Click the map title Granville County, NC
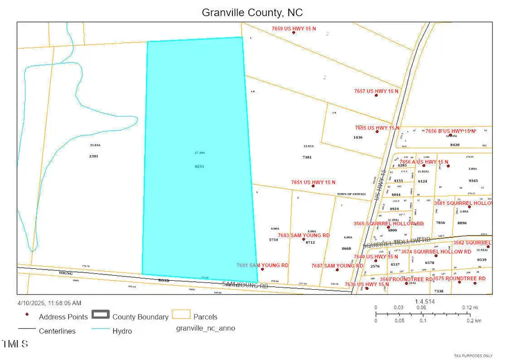pyautogui.click(x=254, y=11)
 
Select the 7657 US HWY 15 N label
pyautogui.click(x=376, y=91)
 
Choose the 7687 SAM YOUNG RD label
pyautogui.click(x=337, y=265)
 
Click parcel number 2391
pyautogui.click(x=94, y=156)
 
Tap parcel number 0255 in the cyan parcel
pyautogui.click(x=199, y=166)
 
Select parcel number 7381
pyautogui.click(x=308, y=157)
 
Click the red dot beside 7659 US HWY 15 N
pyautogui.click(x=294, y=32)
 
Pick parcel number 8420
pyautogui.click(x=455, y=145)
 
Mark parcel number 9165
pyautogui.click(x=473, y=181)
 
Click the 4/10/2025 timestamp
pyautogui.click(x=50, y=303)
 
